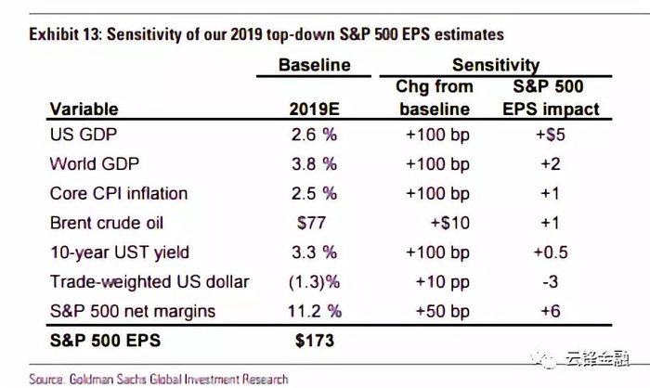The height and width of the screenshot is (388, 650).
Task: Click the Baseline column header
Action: click(x=315, y=65)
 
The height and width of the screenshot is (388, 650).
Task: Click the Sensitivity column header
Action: click(x=496, y=65)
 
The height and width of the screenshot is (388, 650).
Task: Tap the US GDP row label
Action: click(x=80, y=135)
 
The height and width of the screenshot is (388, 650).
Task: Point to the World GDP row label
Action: click(x=93, y=164)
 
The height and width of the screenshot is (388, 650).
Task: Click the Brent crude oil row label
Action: click(x=109, y=223)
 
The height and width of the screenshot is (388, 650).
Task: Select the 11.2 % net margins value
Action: click(x=314, y=310)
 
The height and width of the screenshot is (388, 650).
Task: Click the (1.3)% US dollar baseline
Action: click(x=314, y=281)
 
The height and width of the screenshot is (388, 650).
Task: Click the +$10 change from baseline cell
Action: click(x=449, y=223)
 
